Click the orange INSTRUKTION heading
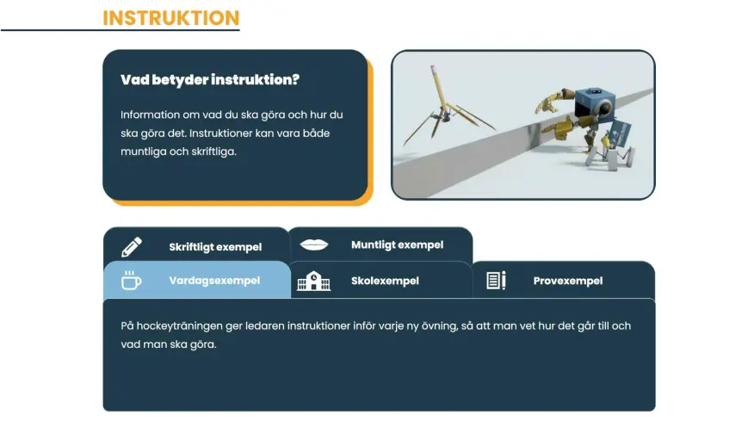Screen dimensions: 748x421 click(170, 18)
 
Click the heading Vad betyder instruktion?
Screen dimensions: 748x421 click(210, 79)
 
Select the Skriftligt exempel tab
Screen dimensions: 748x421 click(215, 247)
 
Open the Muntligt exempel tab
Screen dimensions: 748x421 click(398, 245)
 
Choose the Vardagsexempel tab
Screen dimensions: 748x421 click(214, 281)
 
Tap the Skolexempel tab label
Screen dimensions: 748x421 click(385, 281)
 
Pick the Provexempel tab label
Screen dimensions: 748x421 click(568, 281)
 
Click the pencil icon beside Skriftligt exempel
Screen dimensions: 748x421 click(132, 246)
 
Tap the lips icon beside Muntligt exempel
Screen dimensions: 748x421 click(314, 245)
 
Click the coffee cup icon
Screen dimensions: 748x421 click(131, 280)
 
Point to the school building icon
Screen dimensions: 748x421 click(313, 282)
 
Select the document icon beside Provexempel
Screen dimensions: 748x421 click(496, 281)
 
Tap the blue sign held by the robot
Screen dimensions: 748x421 click(619, 133)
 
